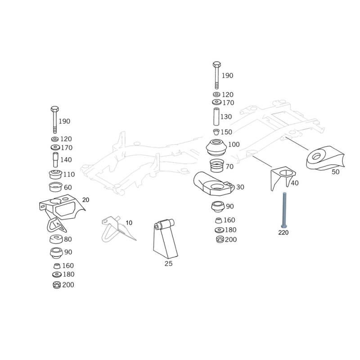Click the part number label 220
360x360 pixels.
point(283,233)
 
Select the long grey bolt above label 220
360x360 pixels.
point(283,210)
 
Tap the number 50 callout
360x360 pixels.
point(336,172)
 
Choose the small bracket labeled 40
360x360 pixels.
point(281,178)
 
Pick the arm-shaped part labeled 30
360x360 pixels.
point(212,184)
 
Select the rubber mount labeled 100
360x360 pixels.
point(216,147)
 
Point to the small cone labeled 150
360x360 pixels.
point(216,132)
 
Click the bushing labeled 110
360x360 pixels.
point(54,174)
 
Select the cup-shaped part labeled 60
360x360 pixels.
point(54,187)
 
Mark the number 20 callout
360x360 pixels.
point(86,199)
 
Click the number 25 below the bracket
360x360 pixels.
point(168,264)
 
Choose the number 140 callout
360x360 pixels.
point(66,160)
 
